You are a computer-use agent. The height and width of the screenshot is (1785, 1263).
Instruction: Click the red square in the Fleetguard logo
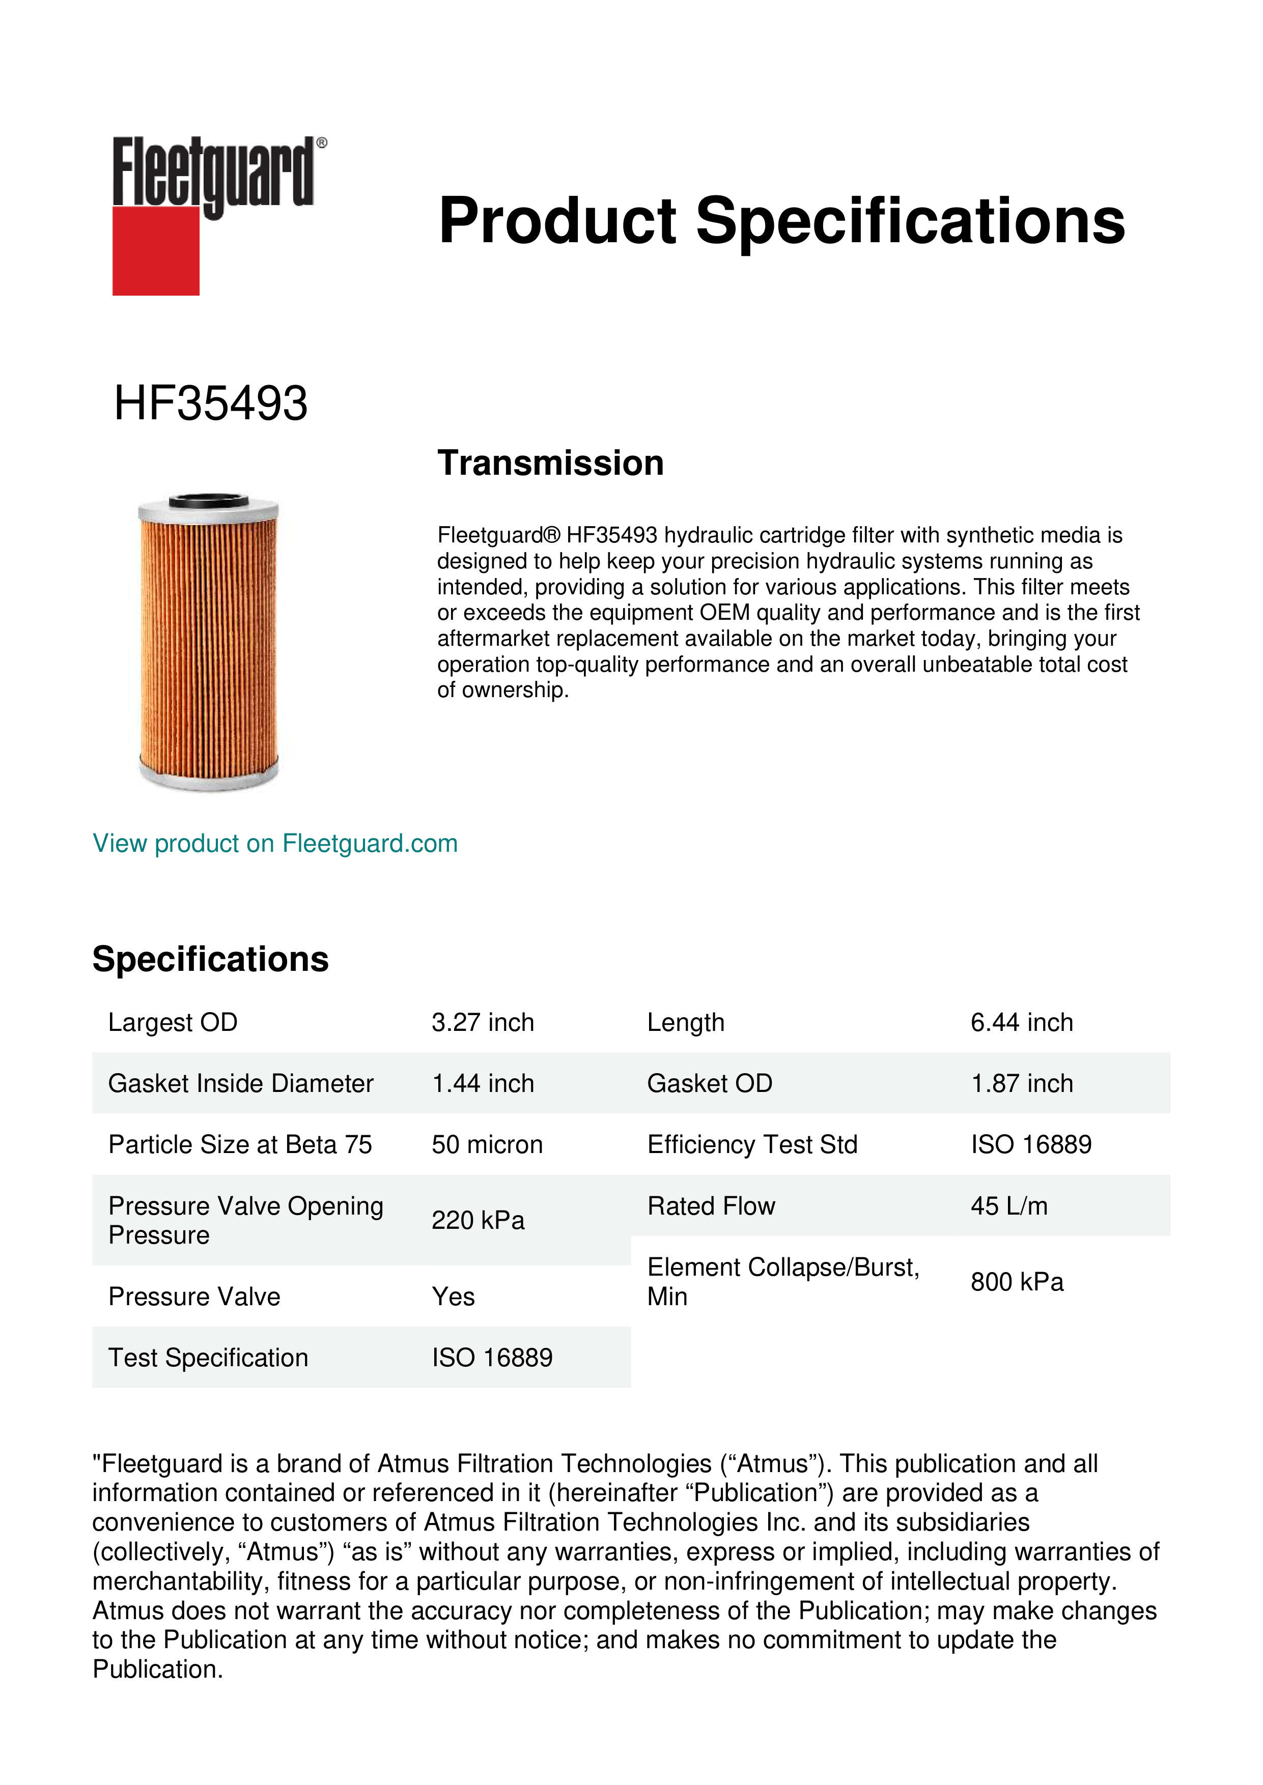pyautogui.click(x=156, y=250)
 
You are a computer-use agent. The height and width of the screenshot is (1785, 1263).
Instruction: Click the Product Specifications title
pyautogui.click(x=781, y=221)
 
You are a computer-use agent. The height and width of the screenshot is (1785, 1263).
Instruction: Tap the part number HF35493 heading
pyautogui.click(x=211, y=404)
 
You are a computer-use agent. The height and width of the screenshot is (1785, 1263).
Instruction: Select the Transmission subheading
pyautogui.click(x=551, y=464)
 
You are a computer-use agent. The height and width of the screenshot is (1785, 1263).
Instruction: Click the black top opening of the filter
pyautogui.click(x=208, y=500)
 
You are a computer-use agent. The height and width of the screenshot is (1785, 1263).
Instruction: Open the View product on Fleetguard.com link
pyautogui.click(x=275, y=844)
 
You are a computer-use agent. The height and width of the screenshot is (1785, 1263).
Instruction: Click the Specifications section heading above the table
pyautogui.click(x=210, y=959)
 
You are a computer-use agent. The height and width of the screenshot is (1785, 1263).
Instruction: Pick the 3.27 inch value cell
pyautogui.click(x=483, y=1022)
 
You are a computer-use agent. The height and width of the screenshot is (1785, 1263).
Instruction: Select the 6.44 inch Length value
pyautogui.click(x=1021, y=1022)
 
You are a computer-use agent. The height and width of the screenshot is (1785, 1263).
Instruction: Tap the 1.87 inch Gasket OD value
pyautogui.click(x=1021, y=1084)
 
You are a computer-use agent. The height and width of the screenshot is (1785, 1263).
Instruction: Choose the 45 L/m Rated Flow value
pyautogui.click(x=1008, y=1206)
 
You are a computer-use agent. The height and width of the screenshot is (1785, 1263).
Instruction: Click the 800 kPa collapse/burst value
pyautogui.click(x=1017, y=1282)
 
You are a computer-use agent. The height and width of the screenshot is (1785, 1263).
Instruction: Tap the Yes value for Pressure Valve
pyautogui.click(x=454, y=1297)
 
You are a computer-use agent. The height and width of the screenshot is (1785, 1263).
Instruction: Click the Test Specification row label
pyautogui.click(x=208, y=1358)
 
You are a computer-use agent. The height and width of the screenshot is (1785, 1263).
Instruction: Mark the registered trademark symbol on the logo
pyautogui.click(x=322, y=143)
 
